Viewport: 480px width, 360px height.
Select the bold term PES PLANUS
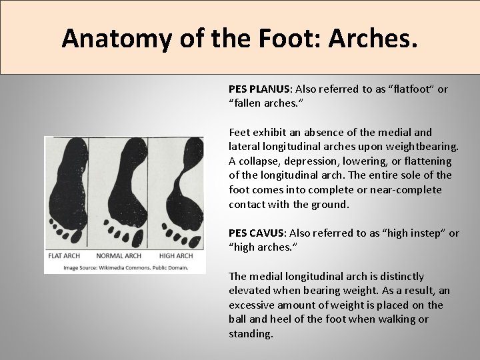tap(257, 89)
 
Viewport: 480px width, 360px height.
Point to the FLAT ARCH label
tap(65, 256)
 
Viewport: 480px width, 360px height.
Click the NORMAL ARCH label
tap(118, 256)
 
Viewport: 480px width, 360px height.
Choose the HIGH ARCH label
tap(176, 256)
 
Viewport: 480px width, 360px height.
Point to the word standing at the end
tap(250, 334)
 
